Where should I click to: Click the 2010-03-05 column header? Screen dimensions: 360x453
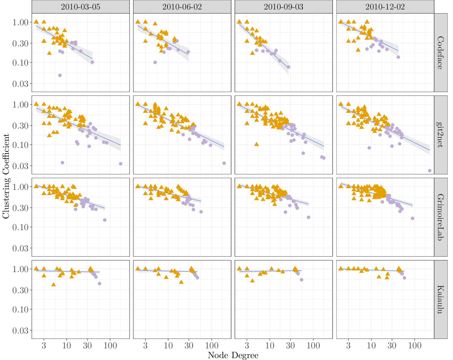click(80, 7)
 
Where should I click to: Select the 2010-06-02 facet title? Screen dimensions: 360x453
click(182, 7)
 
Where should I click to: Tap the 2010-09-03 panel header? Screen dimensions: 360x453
click(283, 7)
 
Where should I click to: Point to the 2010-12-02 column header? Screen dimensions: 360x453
click(385, 7)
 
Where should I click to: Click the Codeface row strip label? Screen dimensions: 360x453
click(441, 53)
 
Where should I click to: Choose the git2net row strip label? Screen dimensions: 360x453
click(441, 135)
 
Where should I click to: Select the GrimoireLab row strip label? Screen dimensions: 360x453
click(441, 217)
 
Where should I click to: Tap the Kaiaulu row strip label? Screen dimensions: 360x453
click(441, 299)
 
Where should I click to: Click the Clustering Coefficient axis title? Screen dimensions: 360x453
click(6, 176)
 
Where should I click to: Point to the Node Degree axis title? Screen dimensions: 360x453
click(233, 356)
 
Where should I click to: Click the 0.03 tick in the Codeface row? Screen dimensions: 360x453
click(20, 84)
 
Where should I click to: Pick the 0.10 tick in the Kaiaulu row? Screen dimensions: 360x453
click(20, 310)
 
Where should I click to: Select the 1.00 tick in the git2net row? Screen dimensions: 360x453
click(20, 104)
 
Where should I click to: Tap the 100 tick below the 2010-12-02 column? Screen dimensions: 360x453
click(415, 345)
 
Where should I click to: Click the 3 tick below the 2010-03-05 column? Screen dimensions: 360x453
click(44, 345)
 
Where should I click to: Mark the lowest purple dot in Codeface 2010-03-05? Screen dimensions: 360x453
click(60, 75)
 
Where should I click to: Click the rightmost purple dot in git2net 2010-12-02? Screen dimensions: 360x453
click(430, 171)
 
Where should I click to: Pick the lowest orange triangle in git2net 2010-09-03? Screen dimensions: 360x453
click(257, 144)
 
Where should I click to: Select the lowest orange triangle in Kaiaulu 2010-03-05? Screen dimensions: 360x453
click(54, 284)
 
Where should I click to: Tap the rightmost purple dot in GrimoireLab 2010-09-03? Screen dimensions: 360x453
click(309, 217)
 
